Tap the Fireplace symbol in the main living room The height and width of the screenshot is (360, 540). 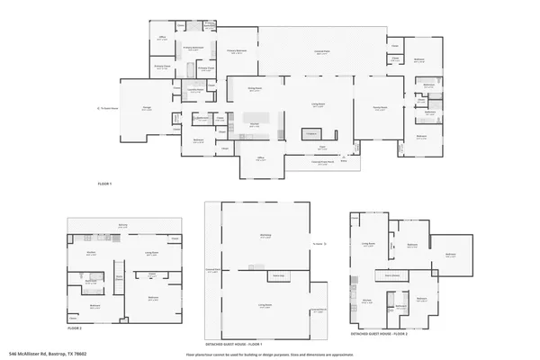tap(312, 133)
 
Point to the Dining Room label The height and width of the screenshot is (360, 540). tap(255, 88)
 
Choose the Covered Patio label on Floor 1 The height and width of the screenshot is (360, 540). tap(319, 52)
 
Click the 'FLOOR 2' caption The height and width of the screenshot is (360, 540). tap(75, 316)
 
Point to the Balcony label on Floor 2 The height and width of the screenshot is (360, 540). tap(121, 226)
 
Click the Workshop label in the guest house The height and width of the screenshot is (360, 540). tap(265, 237)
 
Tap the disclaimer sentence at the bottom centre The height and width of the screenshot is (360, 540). tap(270, 354)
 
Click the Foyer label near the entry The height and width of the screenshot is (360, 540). tap(321, 146)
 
